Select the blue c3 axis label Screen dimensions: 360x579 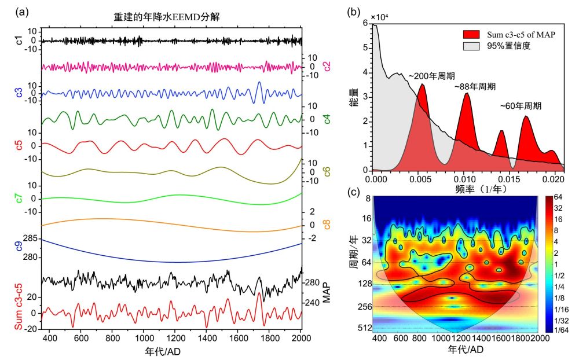[x=19, y=93]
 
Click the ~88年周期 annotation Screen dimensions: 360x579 [x=475, y=86]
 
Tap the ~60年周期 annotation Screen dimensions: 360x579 [x=521, y=106]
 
